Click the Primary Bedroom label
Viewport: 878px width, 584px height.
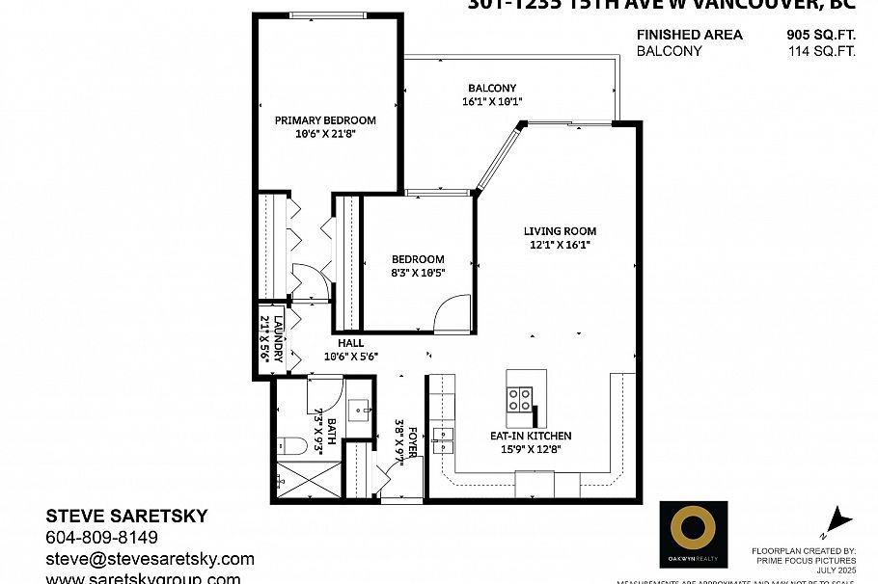tap(325, 120)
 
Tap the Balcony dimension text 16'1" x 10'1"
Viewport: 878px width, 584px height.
tap(491, 101)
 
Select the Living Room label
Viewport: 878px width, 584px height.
tap(560, 231)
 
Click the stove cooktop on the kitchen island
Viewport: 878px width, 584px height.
tap(520, 398)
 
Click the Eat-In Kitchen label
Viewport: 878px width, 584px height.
tap(531, 436)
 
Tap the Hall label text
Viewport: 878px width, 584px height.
tap(350, 343)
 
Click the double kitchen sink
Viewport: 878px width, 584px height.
tap(442, 439)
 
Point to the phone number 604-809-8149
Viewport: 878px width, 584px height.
tap(101, 538)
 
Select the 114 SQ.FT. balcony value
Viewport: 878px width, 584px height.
tap(821, 51)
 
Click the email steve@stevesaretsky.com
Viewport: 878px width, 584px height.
tap(150, 559)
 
